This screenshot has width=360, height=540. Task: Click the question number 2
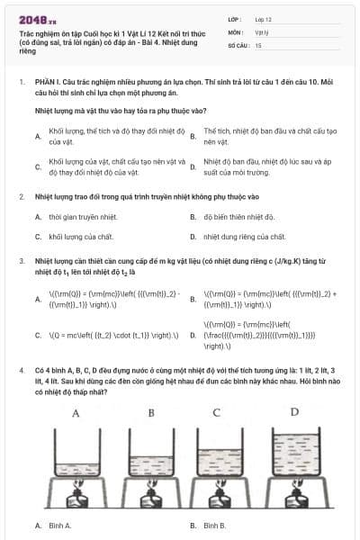click(x=21, y=195)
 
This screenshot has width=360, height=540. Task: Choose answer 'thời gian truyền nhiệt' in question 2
click(x=74, y=216)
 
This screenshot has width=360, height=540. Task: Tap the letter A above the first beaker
click(x=76, y=414)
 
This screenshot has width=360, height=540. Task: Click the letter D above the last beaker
click(x=294, y=411)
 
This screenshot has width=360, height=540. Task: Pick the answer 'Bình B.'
click(x=215, y=525)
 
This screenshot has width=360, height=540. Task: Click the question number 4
click(x=21, y=370)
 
